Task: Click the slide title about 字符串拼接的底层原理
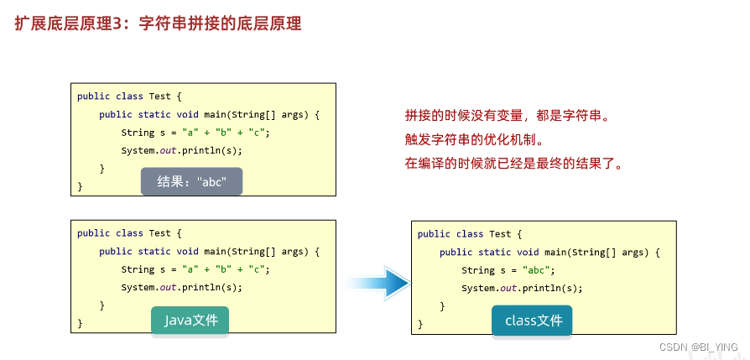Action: pos(158,23)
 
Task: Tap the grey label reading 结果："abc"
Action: pos(191,181)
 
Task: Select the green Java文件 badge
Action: pos(190,320)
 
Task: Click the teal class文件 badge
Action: pos(533,321)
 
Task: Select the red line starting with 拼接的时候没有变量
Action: pos(505,116)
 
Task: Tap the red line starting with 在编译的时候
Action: pos(514,163)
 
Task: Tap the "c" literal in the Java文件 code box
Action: pos(258,269)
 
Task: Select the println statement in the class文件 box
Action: pos(521,288)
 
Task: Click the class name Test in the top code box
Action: pos(159,96)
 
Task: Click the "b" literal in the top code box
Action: pos(224,133)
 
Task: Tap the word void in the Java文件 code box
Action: pos(186,251)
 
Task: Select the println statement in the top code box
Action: pos(181,150)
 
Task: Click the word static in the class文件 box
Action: pos(494,252)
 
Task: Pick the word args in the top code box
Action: pos(293,114)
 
